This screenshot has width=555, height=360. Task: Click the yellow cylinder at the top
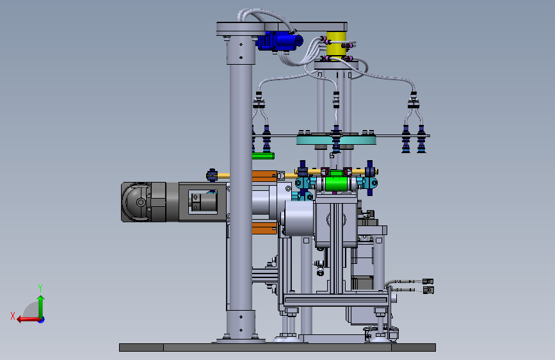[x=336, y=44]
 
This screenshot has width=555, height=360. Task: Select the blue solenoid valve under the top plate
[x=280, y=41]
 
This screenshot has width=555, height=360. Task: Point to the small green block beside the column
[x=263, y=156]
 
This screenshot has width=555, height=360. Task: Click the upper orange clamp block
[x=264, y=176]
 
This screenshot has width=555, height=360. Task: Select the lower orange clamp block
[x=264, y=229]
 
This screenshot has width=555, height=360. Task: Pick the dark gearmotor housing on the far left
[x=143, y=202]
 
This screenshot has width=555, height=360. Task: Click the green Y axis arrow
[x=41, y=307]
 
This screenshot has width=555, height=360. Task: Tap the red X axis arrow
[x=29, y=320]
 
